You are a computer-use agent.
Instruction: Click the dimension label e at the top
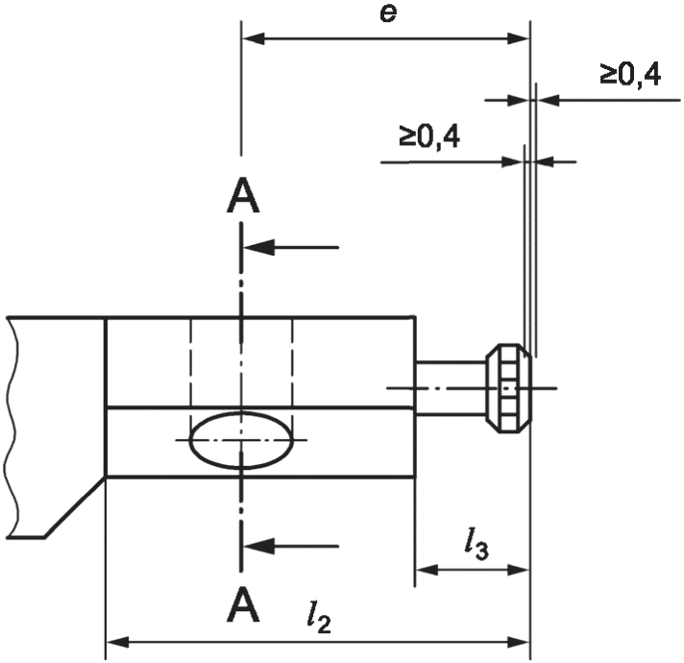[x=388, y=14]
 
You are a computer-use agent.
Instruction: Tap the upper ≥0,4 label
[x=630, y=75]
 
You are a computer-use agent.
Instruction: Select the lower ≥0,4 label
[x=428, y=136]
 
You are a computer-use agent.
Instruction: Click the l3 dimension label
[x=476, y=545]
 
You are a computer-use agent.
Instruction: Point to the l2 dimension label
[x=319, y=619]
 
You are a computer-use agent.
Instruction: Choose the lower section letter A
[x=243, y=603]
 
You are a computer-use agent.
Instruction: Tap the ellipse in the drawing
[x=241, y=440]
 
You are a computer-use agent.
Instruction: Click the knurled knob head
[x=509, y=388]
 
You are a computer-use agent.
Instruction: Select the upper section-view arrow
[x=291, y=247]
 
